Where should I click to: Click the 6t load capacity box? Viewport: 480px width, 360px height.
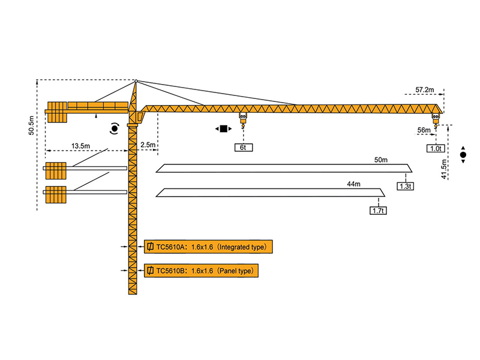click(x=243, y=147)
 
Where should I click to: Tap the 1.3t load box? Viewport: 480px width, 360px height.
click(x=406, y=186)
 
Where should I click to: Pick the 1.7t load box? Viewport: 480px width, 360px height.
click(x=378, y=210)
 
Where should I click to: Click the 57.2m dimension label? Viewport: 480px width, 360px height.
click(x=424, y=90)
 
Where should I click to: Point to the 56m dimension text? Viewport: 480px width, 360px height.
click(x=424, y=130)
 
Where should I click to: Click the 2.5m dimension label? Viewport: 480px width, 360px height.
click(x=148, y=145)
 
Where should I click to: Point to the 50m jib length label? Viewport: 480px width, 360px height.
click(x=380, y=161)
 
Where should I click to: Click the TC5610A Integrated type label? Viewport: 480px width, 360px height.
click(x=209, y=247)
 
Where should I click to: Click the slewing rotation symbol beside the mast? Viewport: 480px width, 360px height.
click(x=114, y=128)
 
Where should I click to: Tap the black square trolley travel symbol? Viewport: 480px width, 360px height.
click(x=224, y=129)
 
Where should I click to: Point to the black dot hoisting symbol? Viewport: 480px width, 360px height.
click(x=463, y=155)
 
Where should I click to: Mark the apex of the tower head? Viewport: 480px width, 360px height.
click(x=136, y=81)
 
